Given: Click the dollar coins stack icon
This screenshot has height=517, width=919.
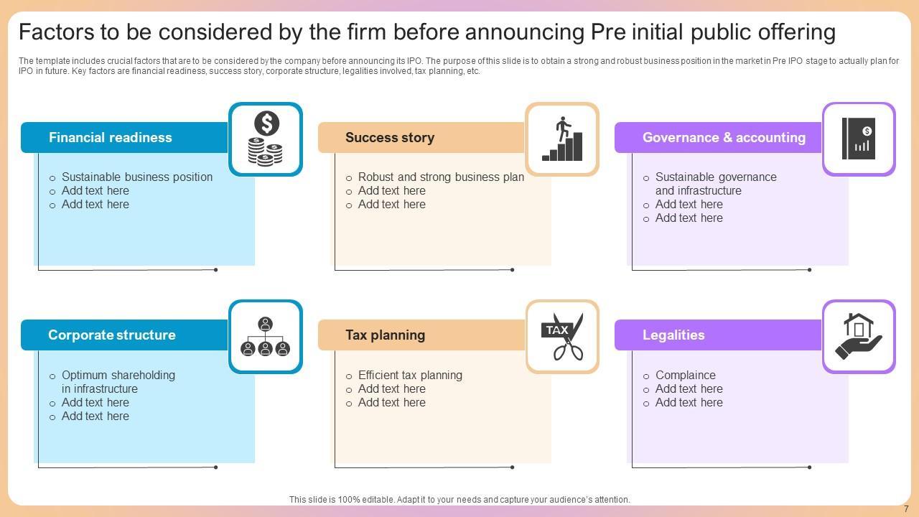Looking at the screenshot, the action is [x=266, y=139].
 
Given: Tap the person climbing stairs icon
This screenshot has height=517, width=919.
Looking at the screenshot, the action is [x=562, y=139].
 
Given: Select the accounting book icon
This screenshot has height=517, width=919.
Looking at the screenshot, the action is [x=859, y=139].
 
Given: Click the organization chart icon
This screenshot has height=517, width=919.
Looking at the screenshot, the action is [x=266, y=337].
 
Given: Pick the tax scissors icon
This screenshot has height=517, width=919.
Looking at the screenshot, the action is [x=562, y=337].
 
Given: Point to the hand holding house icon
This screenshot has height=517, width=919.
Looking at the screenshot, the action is [x=859, y=337].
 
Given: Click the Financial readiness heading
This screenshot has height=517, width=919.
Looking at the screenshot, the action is [x=111, y=138].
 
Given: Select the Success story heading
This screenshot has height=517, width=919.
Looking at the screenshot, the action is [x=390, y=138].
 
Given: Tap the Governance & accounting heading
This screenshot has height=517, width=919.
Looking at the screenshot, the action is [x=724, y=138].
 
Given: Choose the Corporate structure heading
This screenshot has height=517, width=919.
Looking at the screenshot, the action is [x=111, y=335].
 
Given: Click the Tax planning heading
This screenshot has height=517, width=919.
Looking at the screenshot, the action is [x=385, y=335].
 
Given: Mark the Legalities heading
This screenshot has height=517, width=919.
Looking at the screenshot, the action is [x=673, y=335].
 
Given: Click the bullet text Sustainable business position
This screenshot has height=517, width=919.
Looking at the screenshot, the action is [x=137, y=177].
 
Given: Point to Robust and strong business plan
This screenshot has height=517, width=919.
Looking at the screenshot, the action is [x=441, y=177].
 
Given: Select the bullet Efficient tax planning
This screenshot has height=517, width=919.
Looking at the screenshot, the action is [x=410, y=376].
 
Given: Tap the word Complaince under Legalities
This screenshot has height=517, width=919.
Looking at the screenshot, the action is [x=685, y=376].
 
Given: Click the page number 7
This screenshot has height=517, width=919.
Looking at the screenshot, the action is [x=906, y=509].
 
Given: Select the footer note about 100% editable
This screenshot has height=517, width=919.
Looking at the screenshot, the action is [x=459, y=500].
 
